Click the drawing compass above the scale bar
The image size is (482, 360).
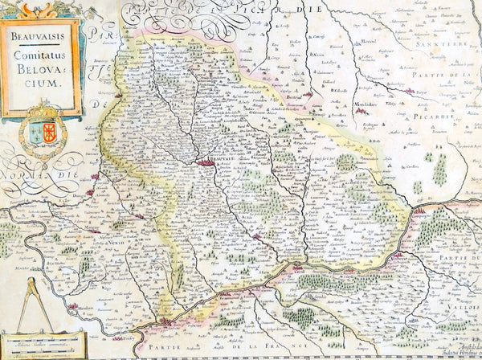[34, 305]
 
